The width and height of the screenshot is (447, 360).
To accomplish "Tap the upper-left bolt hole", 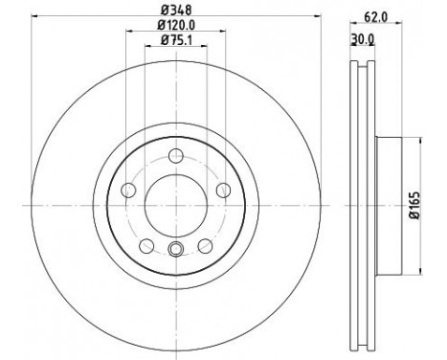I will tap(130, 188).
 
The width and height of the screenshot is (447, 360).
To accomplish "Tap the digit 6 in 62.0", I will tap(369, 16).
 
